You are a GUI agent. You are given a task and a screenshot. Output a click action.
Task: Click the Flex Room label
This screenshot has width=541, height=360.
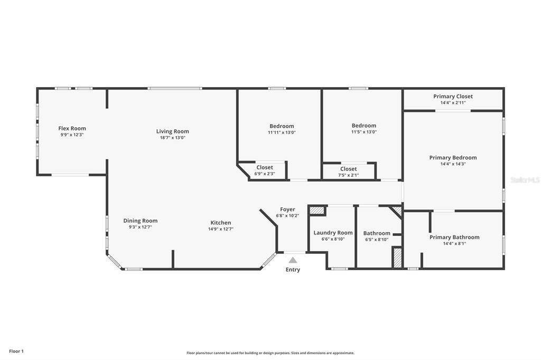point(72,128)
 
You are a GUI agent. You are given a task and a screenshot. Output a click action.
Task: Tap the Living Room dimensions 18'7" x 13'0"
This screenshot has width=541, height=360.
point(173,138)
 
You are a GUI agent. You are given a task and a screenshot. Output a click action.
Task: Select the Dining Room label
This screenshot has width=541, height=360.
point(141,221)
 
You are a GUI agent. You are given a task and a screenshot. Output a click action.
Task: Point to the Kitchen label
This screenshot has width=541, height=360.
point(221,223)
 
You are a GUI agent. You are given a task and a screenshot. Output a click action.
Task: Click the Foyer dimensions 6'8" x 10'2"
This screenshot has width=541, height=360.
point(287,215)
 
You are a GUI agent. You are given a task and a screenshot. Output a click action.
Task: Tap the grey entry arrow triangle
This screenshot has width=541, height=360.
point(293,260)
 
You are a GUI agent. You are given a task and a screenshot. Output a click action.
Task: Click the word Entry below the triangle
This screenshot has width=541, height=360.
point(293,270)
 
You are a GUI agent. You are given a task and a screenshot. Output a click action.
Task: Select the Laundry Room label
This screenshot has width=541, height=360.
point(333,233)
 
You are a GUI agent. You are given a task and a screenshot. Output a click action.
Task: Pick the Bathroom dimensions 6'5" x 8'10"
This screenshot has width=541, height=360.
point(377,239)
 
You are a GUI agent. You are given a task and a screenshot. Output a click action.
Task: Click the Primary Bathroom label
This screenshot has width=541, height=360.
point(454,237)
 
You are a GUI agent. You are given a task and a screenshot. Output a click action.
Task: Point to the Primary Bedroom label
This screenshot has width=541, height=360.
point(453,158)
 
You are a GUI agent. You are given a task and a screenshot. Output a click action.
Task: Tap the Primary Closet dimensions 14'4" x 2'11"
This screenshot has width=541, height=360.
point(453,103)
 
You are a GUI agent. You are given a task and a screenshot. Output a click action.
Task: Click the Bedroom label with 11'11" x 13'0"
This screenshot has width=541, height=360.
point(282,126)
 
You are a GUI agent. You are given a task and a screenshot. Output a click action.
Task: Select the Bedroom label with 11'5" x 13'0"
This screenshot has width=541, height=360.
point(364,126)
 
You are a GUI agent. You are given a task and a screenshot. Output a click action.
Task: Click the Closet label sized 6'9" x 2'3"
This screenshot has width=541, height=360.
point(265,167)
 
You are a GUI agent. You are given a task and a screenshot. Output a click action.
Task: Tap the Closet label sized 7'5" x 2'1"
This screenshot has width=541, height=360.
point(349,169)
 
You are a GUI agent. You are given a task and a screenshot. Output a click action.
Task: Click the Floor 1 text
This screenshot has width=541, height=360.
point(16,352)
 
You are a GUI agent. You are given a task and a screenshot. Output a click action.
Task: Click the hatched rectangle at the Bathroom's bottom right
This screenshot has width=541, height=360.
point(397,258)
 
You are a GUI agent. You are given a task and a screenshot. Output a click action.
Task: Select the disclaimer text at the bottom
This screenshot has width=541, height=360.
point(270,353)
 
